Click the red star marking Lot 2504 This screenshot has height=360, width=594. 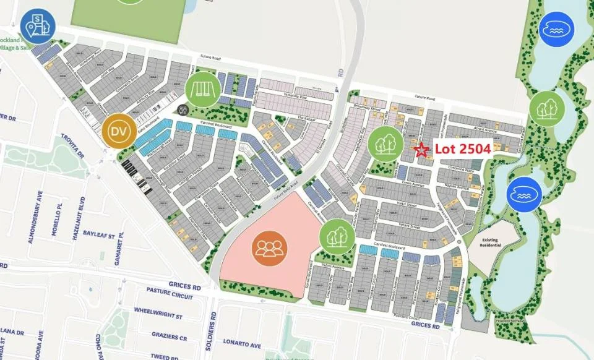(x=421, y=150)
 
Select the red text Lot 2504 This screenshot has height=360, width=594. (x=462, y=149)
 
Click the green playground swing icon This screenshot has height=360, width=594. (x=202, y=89)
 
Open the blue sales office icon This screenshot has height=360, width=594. (x=38, y=26)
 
